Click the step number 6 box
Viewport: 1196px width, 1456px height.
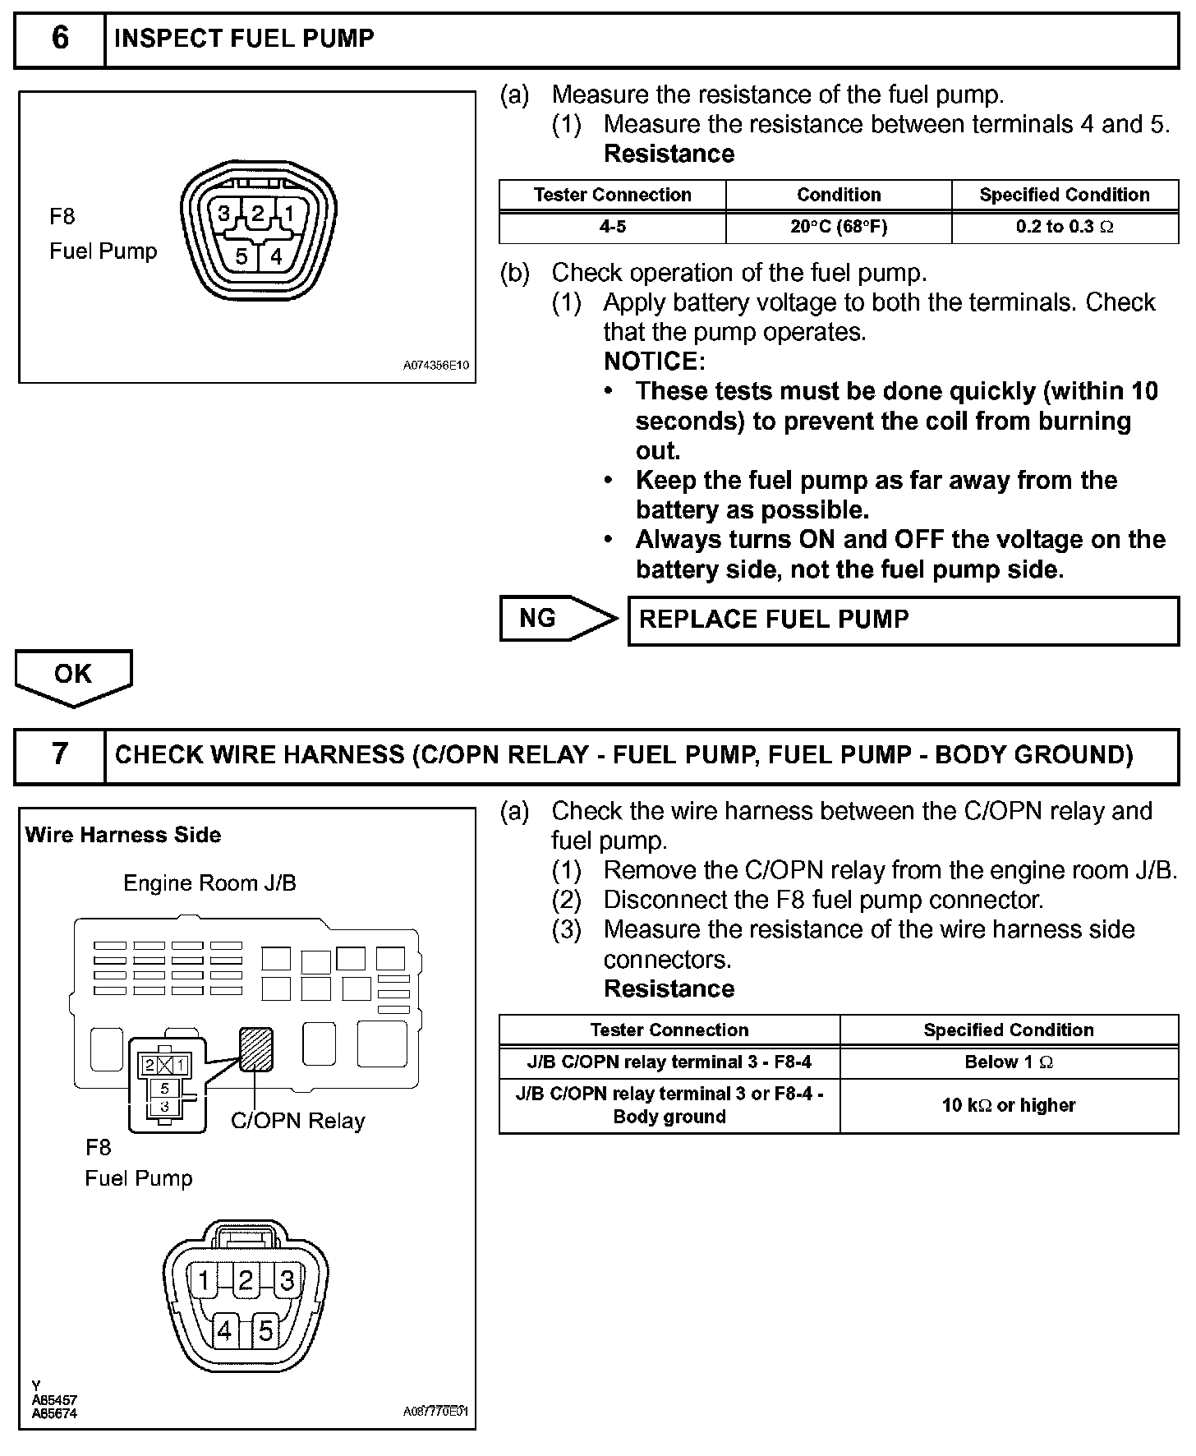click(60, 39)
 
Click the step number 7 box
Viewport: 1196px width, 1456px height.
click(60, 754)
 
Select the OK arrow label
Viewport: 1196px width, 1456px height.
click(73, 675)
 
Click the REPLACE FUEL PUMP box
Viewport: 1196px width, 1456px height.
click(903, 620)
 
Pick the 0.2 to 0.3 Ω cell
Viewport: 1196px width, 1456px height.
click(1065, 227)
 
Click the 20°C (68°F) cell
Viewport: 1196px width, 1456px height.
click(839, 227)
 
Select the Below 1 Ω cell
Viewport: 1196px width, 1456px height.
click(1009, 1062)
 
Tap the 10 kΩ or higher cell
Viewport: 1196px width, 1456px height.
click(1009, 1105)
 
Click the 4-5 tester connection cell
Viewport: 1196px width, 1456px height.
click(613, 227)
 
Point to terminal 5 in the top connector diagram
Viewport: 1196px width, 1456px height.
click(241, 256)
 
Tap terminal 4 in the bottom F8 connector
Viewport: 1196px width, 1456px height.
click(225, 1330)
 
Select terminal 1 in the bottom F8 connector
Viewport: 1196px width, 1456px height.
click(204, 1280)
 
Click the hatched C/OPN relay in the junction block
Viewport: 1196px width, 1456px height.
click(255, 1049)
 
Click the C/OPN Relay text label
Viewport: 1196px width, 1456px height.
click(297, 1122)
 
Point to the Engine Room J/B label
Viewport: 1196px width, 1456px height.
click(209, 883)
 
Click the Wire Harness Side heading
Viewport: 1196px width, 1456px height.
click(123, 835)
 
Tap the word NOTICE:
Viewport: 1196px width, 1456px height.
click(654, 362)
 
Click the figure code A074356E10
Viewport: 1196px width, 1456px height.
click(435, 366)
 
